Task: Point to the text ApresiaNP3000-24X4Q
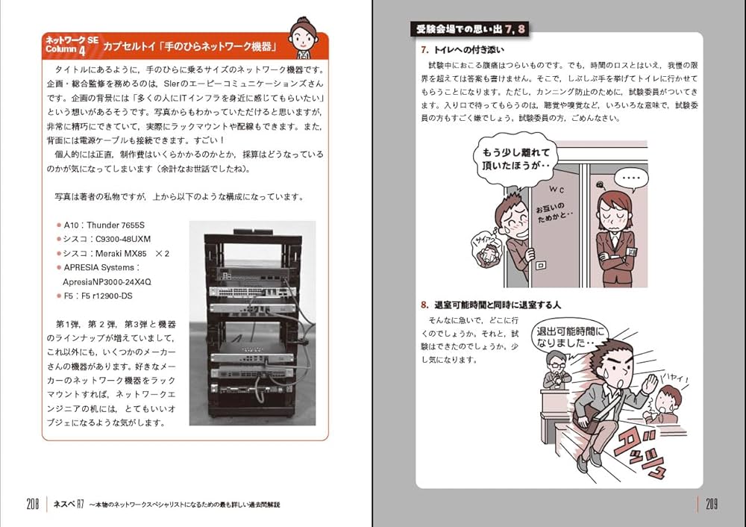click(107, 282)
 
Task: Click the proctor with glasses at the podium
click(556, 369)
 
